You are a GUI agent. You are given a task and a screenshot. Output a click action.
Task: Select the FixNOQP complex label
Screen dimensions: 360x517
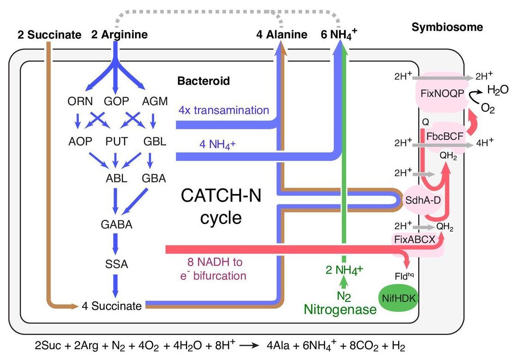440,93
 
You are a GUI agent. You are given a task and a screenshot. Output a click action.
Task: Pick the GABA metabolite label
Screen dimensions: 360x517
116,224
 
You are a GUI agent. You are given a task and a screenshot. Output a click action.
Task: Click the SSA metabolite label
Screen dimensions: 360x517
116,264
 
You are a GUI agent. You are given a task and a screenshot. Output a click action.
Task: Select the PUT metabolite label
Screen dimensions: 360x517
116,141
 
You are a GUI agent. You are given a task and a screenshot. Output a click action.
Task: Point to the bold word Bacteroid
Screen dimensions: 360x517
203,81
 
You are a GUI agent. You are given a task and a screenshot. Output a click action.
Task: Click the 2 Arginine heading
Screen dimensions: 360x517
119,35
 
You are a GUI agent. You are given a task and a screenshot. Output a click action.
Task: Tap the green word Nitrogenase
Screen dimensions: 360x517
340,309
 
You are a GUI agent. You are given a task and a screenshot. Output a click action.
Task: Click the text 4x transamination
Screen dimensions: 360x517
223,111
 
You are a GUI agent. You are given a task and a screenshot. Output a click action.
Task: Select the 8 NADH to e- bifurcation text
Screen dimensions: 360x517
215,269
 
